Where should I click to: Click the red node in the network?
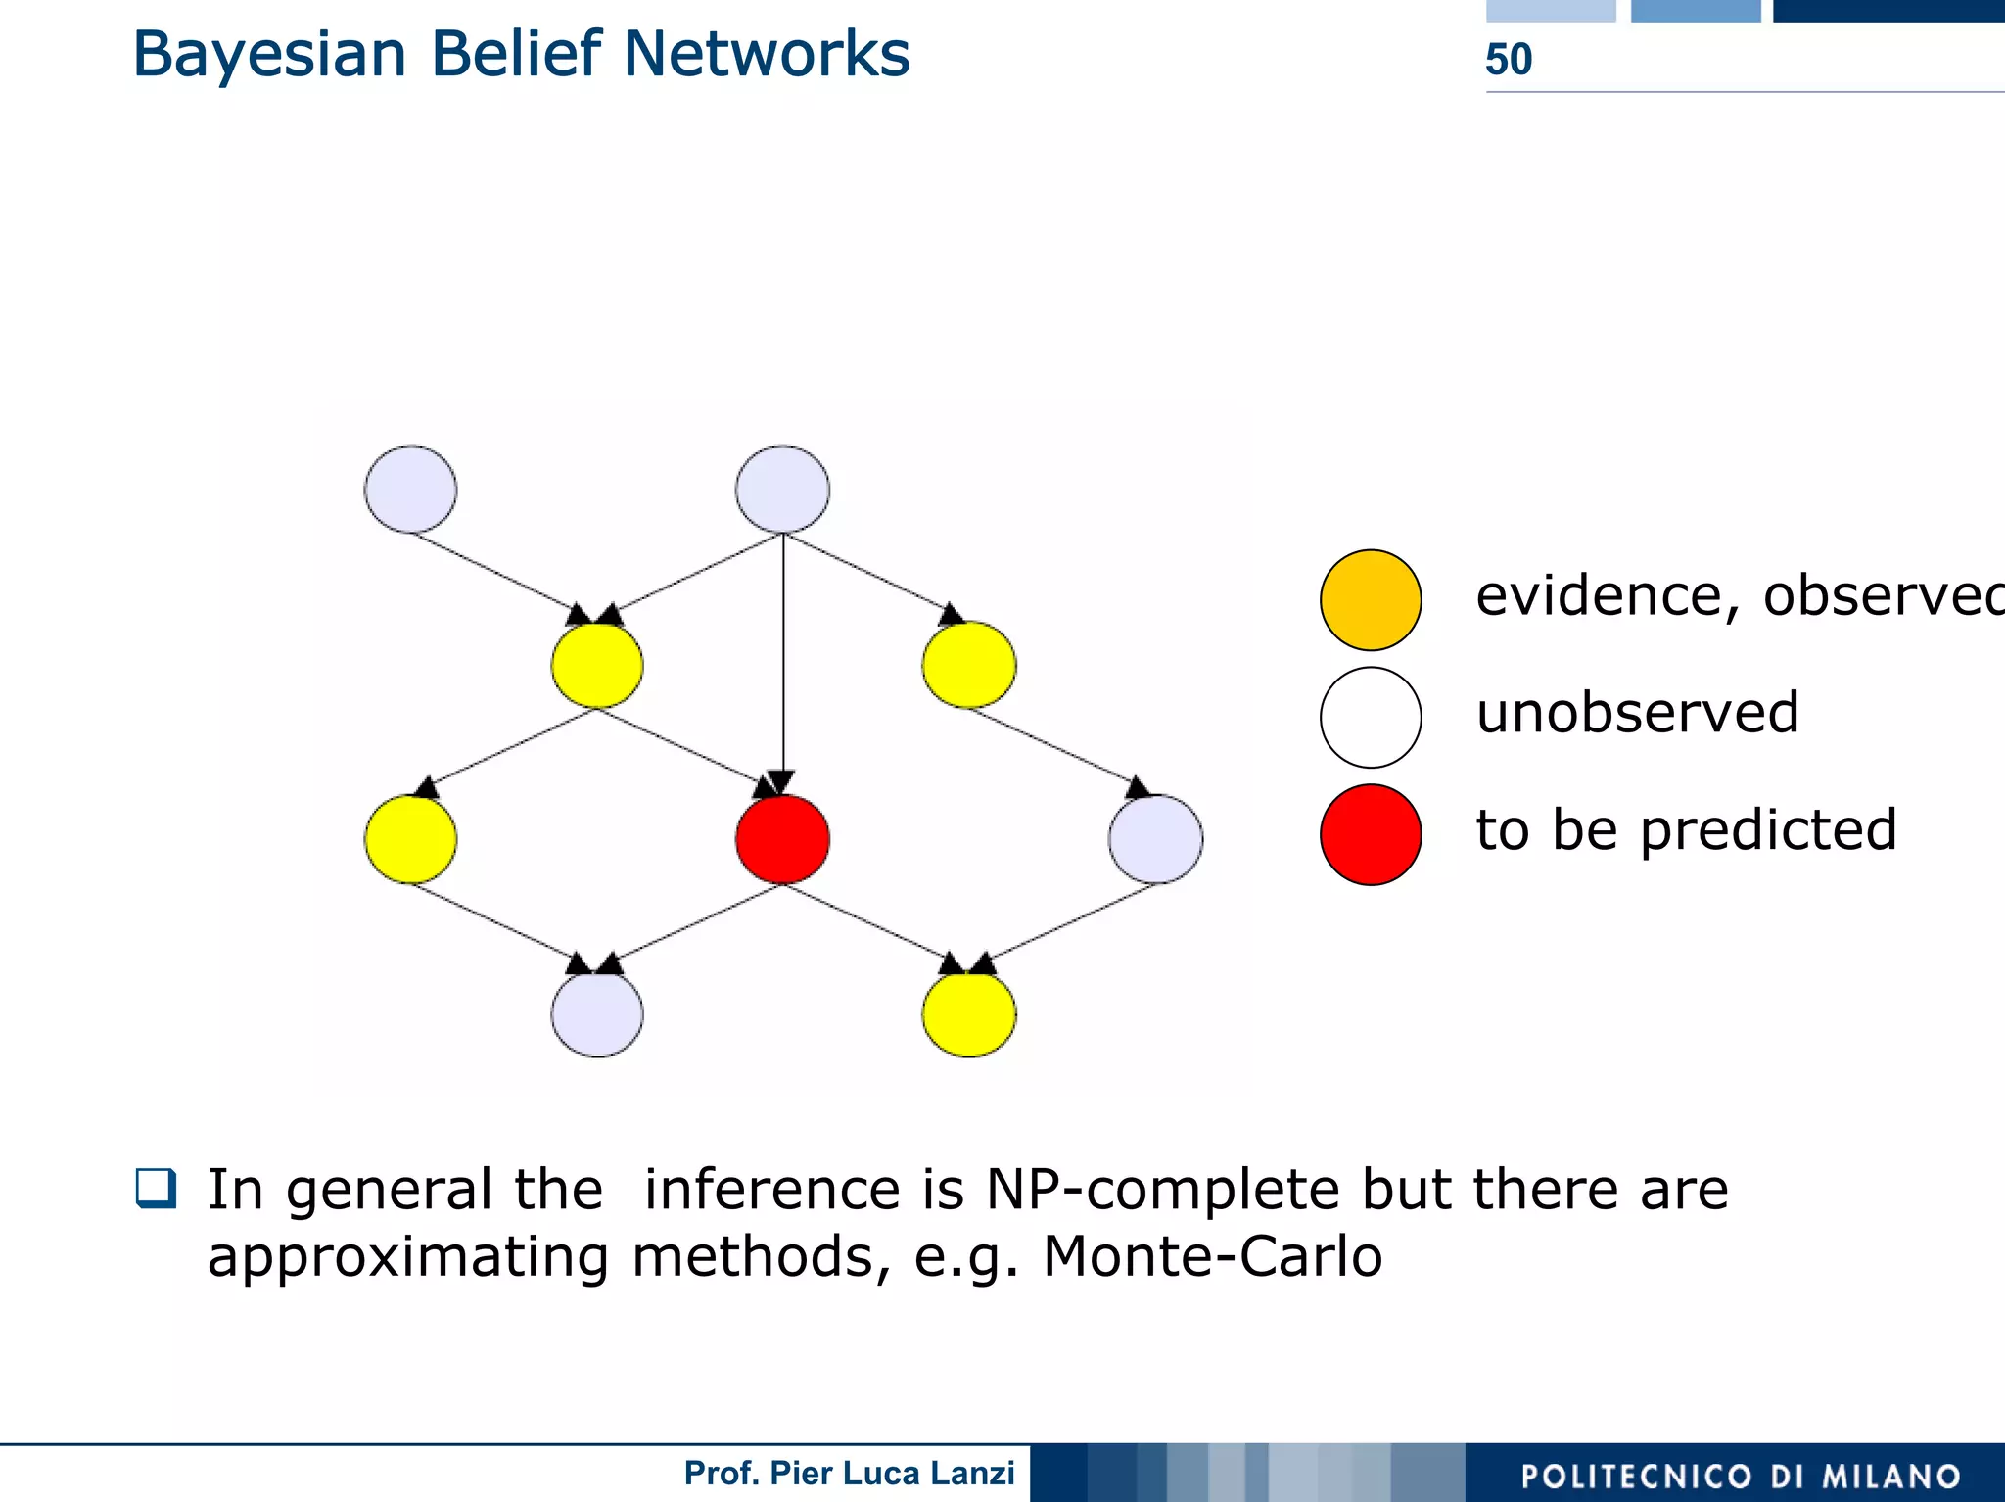click(782, 839)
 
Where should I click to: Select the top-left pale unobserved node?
click(410, 490)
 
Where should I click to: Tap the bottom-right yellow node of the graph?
click(969, 1013)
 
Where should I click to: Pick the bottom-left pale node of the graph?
click(597, 1013)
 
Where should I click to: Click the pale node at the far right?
click(1155, 839)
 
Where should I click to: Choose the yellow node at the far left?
click(410, 839)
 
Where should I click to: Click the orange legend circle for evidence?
click(1371, 600)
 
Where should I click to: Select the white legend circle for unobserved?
click(1371, 717)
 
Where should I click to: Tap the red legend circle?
click(1371, 834)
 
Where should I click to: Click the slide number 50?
click(1509, 60)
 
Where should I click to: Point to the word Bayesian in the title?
click(269, 55)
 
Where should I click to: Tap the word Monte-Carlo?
click(1212, 1256)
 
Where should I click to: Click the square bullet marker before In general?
click(157, 1189)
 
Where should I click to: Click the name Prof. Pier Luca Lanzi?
click(849, 1473)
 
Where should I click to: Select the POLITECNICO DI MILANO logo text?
click(1741, 1476)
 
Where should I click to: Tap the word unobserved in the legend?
click(1638, 713)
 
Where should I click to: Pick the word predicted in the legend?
click(1768, 830)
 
